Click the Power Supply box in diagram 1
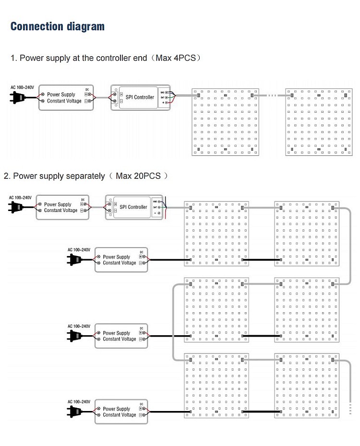66,98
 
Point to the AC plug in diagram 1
17,98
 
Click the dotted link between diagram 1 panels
272,95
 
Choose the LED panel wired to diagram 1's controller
225,122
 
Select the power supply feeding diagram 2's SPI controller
63,207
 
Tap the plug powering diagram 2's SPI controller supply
16,207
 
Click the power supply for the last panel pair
121,411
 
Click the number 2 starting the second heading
6,176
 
